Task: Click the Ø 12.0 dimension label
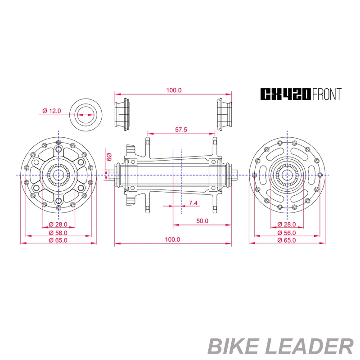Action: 52,111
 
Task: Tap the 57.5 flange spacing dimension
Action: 181,130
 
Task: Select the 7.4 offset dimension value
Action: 193,203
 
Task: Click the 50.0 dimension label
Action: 202,221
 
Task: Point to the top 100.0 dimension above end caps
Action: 174,90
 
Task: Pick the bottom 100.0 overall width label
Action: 172,239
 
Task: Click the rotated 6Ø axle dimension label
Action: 109,157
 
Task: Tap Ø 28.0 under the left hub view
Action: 58,224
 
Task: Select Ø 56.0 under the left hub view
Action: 58,233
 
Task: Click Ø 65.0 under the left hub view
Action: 58,240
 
